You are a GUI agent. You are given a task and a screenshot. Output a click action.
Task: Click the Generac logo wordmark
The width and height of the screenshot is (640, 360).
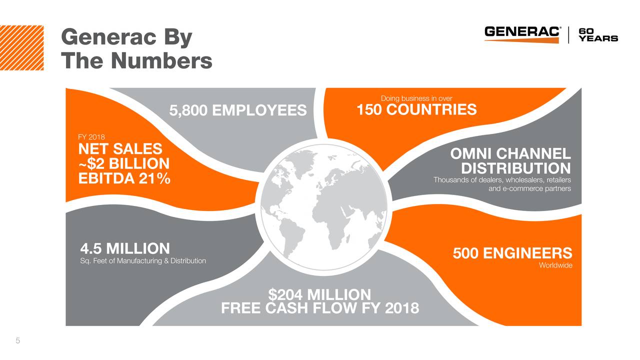click(x=522, y=32)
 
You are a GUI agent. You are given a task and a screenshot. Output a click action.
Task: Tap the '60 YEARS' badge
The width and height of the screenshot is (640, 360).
click(x=598, y=34)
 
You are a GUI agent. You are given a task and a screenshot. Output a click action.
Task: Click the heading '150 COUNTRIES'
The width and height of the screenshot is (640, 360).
click(x=416, y=109)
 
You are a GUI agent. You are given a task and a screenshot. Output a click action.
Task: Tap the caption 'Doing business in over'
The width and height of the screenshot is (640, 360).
click(x=416, y=98)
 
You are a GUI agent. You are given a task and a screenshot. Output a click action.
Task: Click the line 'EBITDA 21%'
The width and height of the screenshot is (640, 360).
click(x=124, y=178)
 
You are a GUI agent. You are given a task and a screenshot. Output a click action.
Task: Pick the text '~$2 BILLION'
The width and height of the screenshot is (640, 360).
click(x=124, y=163)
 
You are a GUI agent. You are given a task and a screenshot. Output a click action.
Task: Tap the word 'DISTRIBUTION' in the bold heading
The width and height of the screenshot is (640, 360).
click(x=515, y=168)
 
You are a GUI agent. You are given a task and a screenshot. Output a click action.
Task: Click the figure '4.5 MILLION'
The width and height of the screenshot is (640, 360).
click(x=125, y=248)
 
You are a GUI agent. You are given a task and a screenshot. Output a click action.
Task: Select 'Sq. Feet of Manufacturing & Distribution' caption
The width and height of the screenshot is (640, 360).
click(x=143, y=261)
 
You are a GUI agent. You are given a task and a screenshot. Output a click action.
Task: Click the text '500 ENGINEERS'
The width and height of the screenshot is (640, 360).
click(x=512, y=253)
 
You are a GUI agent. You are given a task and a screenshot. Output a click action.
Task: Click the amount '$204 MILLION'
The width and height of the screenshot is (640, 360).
click(x=319, y=294)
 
